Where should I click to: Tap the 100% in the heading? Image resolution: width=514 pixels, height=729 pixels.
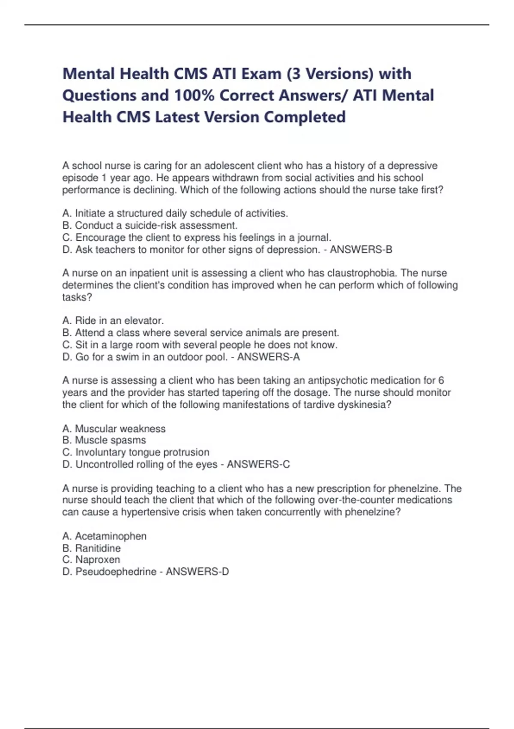coord(194,95)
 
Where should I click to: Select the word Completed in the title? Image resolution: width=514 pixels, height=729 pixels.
coord(305,117)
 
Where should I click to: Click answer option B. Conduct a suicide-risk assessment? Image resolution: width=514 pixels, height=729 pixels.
coord(150,226)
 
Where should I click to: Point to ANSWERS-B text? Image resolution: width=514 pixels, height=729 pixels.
coord(361,250)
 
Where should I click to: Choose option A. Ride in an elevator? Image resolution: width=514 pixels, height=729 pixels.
coord(113,321)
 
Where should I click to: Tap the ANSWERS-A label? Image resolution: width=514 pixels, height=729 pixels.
coord(269,357)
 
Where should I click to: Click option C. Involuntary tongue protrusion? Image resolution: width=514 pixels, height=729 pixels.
coord(136,452)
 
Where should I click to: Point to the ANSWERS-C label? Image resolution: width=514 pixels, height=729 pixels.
coord(258,464)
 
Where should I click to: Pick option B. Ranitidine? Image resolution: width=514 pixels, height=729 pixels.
coord(91,548)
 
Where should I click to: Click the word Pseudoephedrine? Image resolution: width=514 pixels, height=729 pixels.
coord(116,572)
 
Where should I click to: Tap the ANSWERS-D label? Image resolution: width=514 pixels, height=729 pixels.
coord(197,572)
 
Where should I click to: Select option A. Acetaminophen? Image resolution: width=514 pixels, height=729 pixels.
coord(104,536)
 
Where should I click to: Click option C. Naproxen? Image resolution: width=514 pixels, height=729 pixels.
coord(91,560)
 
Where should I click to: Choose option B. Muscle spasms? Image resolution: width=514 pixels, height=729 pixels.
coord(104,440)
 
